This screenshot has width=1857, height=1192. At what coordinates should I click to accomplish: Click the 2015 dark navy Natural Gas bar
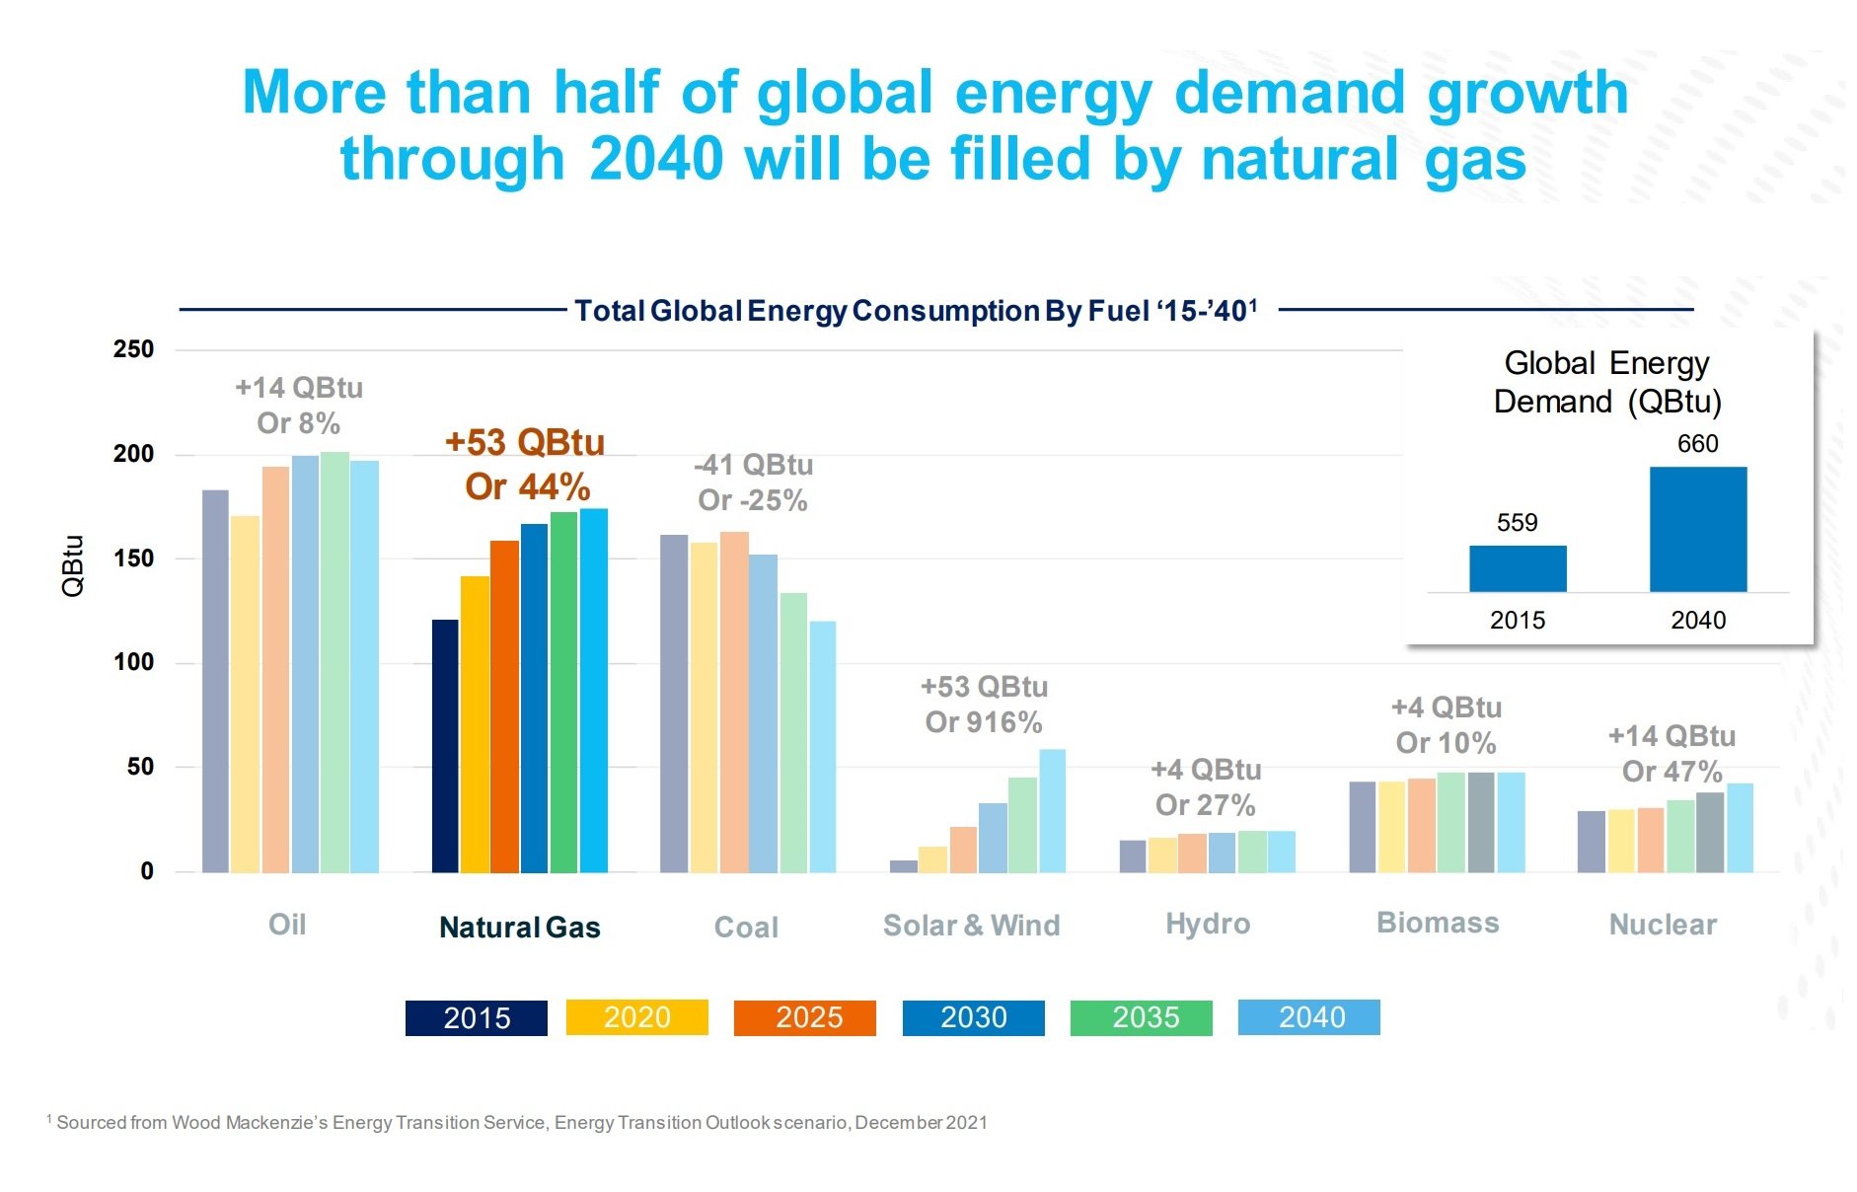tap(445, 746)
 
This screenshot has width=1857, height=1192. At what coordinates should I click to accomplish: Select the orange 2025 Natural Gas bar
tap(504, 707)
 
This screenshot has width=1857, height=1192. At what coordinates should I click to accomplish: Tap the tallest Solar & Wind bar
tap(1052, 811)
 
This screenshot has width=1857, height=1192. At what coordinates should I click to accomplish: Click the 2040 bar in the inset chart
tap(1697, 530)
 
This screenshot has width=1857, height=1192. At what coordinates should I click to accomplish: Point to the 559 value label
tap(1517, 523)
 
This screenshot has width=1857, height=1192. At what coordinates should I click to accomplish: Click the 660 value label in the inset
tap(1697, 444)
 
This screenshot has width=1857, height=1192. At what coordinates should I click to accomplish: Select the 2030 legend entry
tap(973, 1017)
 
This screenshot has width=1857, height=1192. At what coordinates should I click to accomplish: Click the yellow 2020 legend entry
tap(636, 1017)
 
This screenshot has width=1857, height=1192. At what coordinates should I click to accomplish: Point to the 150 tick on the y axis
tap(133, 559)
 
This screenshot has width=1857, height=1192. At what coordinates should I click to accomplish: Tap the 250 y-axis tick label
tap(133, 349)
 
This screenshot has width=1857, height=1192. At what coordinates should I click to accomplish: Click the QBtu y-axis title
tap(73, 565)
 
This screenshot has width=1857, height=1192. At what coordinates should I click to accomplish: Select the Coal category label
tap(746, 928)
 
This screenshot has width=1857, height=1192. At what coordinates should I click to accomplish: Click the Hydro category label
tap(1208, 925)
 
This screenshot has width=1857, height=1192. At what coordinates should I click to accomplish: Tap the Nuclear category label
tap(1663, 925)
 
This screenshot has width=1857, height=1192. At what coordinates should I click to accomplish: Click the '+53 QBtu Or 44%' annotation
tap(525, 465)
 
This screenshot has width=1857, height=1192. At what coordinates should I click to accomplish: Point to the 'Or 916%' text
tap(983, 722)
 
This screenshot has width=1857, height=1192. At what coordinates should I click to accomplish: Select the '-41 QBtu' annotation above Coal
tap(754, 465)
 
